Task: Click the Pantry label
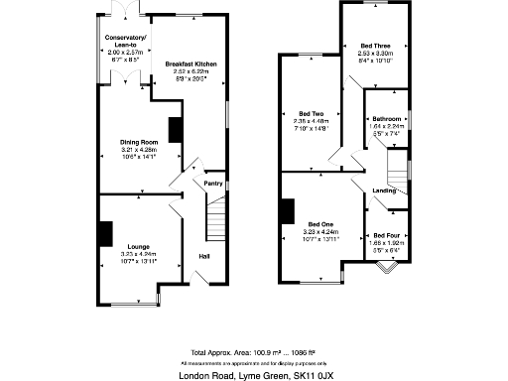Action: pyautogui.click(x=212, y=183)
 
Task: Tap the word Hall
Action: pyautogui.click(x=203, y=257)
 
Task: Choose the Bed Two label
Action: pyautogui.click(x=311, y=113)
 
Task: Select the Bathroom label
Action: pyautogui.click(x=387, y=118)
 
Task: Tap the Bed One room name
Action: pyautogui.click(x=319, y=224)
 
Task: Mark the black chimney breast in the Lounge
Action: pyautogui.click(x=104, y=231)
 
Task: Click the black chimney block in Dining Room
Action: pyautogui.click(x=175, y=130)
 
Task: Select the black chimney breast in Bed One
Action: pyautogui.click(x=288, y=211)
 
